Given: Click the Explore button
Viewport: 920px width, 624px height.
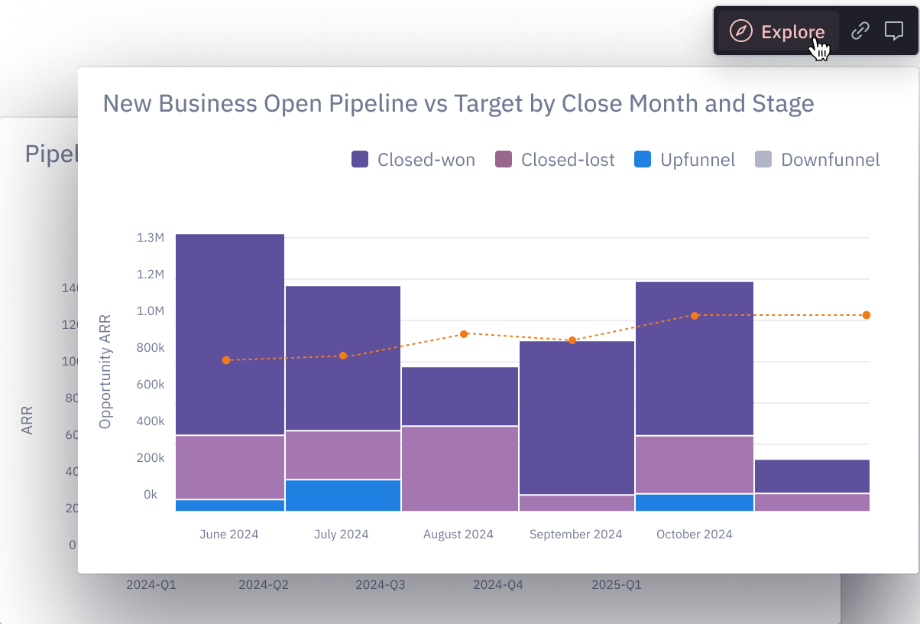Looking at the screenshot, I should point(778,31).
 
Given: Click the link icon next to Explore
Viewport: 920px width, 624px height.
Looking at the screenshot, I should point(860,31).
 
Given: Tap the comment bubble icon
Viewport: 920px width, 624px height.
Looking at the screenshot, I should point(893,31).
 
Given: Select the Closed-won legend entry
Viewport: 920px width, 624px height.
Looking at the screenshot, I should point(413,160).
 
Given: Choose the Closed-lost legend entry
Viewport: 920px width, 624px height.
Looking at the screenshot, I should point(555,160).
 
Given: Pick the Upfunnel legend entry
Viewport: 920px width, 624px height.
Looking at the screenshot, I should point(685,160).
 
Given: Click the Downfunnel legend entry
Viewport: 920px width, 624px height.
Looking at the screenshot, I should point(818,160).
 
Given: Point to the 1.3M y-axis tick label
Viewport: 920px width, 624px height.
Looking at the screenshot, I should point(151,238).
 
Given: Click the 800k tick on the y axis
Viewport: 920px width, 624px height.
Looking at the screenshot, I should point(151,348).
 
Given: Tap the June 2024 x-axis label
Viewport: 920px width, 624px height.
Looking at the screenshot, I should point(229,535).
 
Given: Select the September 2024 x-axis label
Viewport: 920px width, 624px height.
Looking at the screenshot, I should point(575,535).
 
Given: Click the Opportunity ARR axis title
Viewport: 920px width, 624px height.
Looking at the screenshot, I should point(105,372).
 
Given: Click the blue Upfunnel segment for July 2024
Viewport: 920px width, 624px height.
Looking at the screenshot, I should point(343,496).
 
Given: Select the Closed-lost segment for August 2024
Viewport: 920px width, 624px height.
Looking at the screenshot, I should point(460,468).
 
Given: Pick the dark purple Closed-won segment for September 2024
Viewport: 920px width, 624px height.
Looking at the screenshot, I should point(577,418).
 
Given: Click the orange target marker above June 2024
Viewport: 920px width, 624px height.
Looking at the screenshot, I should point(226,360).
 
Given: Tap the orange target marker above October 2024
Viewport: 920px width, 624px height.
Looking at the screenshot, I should point(695,315).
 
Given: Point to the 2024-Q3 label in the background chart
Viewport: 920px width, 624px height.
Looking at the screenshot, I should point(380,586).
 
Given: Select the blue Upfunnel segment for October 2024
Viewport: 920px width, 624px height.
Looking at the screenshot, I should point(695,502).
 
